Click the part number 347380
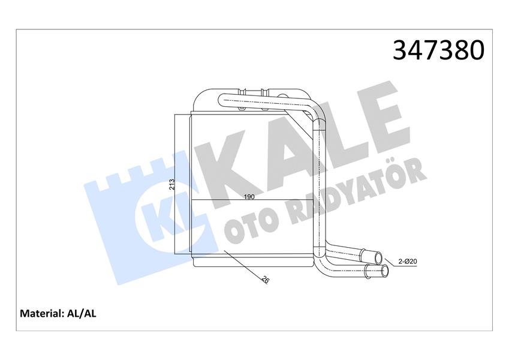pos(438,50)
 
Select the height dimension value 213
pos(171,184)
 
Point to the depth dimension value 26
pos(264,280)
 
